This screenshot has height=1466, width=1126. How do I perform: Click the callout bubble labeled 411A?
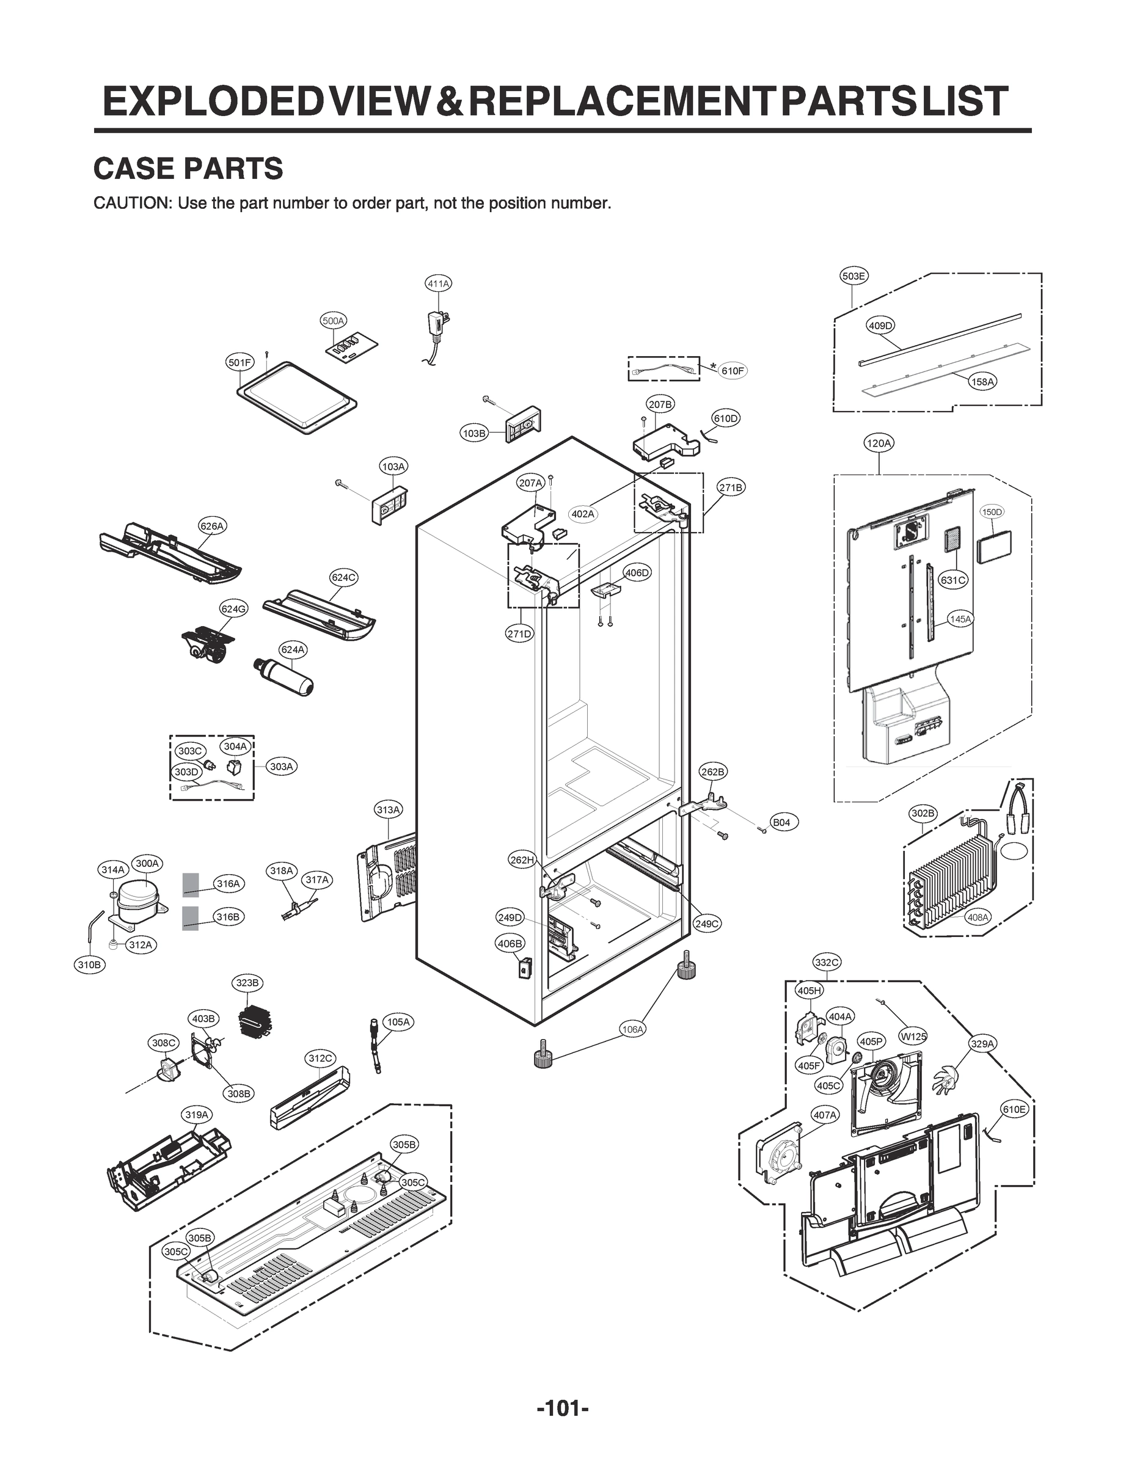coord(438,283)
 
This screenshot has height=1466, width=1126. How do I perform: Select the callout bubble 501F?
coord(239,362)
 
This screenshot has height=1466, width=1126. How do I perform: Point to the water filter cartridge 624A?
coord(284,677)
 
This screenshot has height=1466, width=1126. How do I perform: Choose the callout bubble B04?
coord(781,822)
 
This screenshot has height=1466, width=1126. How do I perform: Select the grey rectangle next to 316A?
coord(191,884)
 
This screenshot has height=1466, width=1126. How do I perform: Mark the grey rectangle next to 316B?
coord(191,918)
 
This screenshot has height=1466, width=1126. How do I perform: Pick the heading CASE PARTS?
coord(188,169)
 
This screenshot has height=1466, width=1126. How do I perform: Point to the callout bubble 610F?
coord(732,371)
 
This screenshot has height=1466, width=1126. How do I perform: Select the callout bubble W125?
coord(913,1037)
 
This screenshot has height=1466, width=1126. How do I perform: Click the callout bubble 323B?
coord(247,983)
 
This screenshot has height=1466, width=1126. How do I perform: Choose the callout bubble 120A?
coord(879,443)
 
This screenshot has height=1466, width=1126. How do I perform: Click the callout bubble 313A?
coord(388,810)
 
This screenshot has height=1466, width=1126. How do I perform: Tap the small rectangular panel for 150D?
coord(994,549)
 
